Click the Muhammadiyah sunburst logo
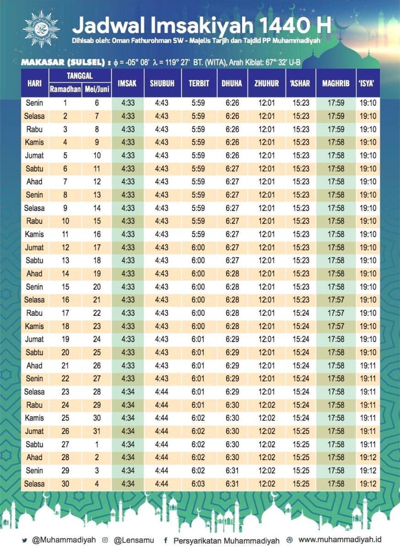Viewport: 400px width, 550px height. click(41, 29)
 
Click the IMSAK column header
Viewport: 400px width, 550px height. click(127, 83)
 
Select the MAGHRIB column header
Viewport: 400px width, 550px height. click(335, 83)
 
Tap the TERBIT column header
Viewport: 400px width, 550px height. click(199, 83)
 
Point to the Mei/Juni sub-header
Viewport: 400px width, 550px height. click(97, 89)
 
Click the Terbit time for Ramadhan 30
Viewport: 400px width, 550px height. click(198, 484)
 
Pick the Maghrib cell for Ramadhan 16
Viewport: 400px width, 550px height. click(336, 300)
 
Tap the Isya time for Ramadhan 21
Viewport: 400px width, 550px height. click(368, 366)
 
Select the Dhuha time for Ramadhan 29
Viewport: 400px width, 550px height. click(232, 470)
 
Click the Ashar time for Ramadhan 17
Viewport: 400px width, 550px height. click(301, 313)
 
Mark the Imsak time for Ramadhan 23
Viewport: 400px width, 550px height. click(128, 391)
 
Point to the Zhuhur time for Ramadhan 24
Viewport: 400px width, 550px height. click(267, 405)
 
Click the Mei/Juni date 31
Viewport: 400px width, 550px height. click(97, 431)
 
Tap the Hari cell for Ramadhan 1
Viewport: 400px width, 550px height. click(34, 103)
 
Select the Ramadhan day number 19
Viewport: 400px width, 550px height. click(65, 339)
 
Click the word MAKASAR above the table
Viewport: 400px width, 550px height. click(43, 62)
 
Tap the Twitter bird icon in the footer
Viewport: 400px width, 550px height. click(25, 540)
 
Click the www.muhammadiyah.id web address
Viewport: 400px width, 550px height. click(340, 539)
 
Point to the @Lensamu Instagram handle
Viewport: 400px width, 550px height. click(134, 540)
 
